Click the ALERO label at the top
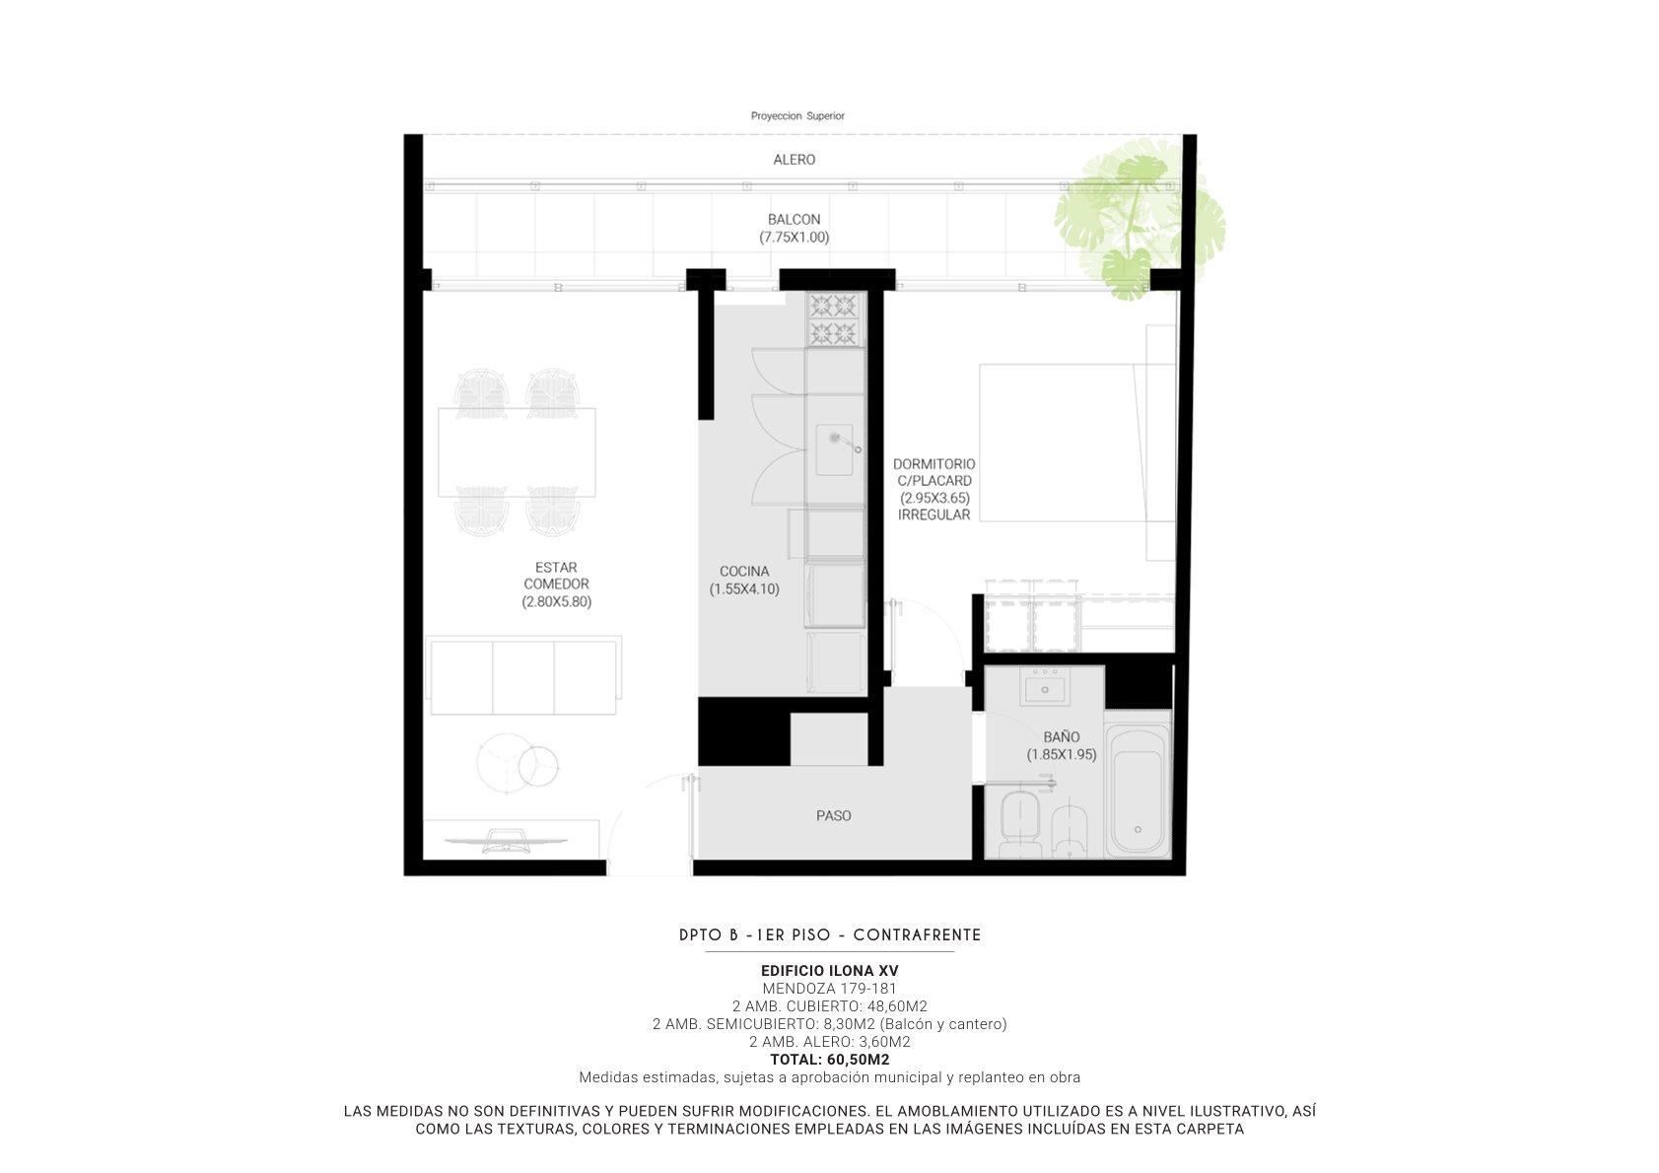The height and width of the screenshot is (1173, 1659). pyautogui.click(x=794, y=160)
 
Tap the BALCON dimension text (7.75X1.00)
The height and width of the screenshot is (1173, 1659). pyautogui.click(x=794, y=237)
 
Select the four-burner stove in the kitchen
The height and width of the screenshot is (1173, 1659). pyautogui.click(x=835, y=319)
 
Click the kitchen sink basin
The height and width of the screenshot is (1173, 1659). pyautogui.click(x=834, y=449)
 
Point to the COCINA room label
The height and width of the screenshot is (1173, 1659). pyautogui.click(x=744, y=571)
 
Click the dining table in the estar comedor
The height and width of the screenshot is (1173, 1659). pyautogui.click(x=517, y=451)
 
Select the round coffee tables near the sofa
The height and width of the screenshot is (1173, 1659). pyautogui.click(x=518, y=764)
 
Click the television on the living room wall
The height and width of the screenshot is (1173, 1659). pyautogui.click(x=506, y=841)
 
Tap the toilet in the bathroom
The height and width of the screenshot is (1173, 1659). pyautogui.click(x=1020, y=823)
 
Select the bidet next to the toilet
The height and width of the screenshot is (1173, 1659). pyautogui.click(x=1069, y=829)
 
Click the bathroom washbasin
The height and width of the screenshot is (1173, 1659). pyautogui.click(x=1045, y=686)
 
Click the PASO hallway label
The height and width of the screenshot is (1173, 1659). pyautogui.click(x=833, y=815)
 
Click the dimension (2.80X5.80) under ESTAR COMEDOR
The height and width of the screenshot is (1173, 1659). pyautogui.click(x=556, y=601)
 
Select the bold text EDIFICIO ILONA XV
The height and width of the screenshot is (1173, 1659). pyautogui.click(x=830, y=970)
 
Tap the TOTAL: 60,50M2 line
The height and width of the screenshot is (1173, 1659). pyautogui.click(x=830, y=1059)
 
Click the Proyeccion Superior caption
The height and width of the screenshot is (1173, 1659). pyautogui.click(x=797, y=115)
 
